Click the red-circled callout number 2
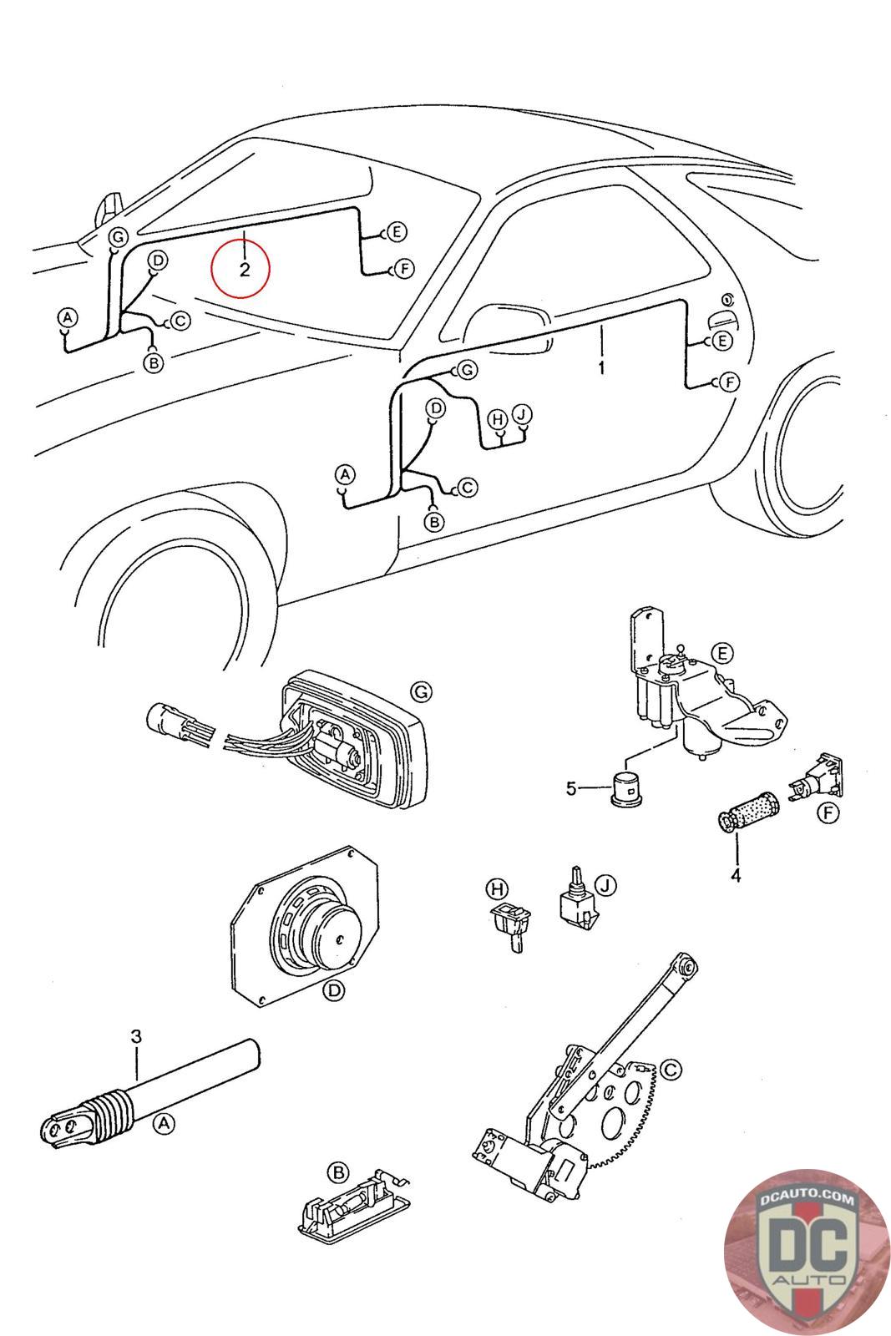point(245,270)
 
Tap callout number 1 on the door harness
point(601,367)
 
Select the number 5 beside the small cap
point(571,789)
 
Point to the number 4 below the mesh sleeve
point(736,876)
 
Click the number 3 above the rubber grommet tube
point(137,1036)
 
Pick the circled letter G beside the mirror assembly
point(421,692)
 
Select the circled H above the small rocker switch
point(496,888)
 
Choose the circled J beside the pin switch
point(606,886)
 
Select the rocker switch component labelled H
point(508,925)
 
